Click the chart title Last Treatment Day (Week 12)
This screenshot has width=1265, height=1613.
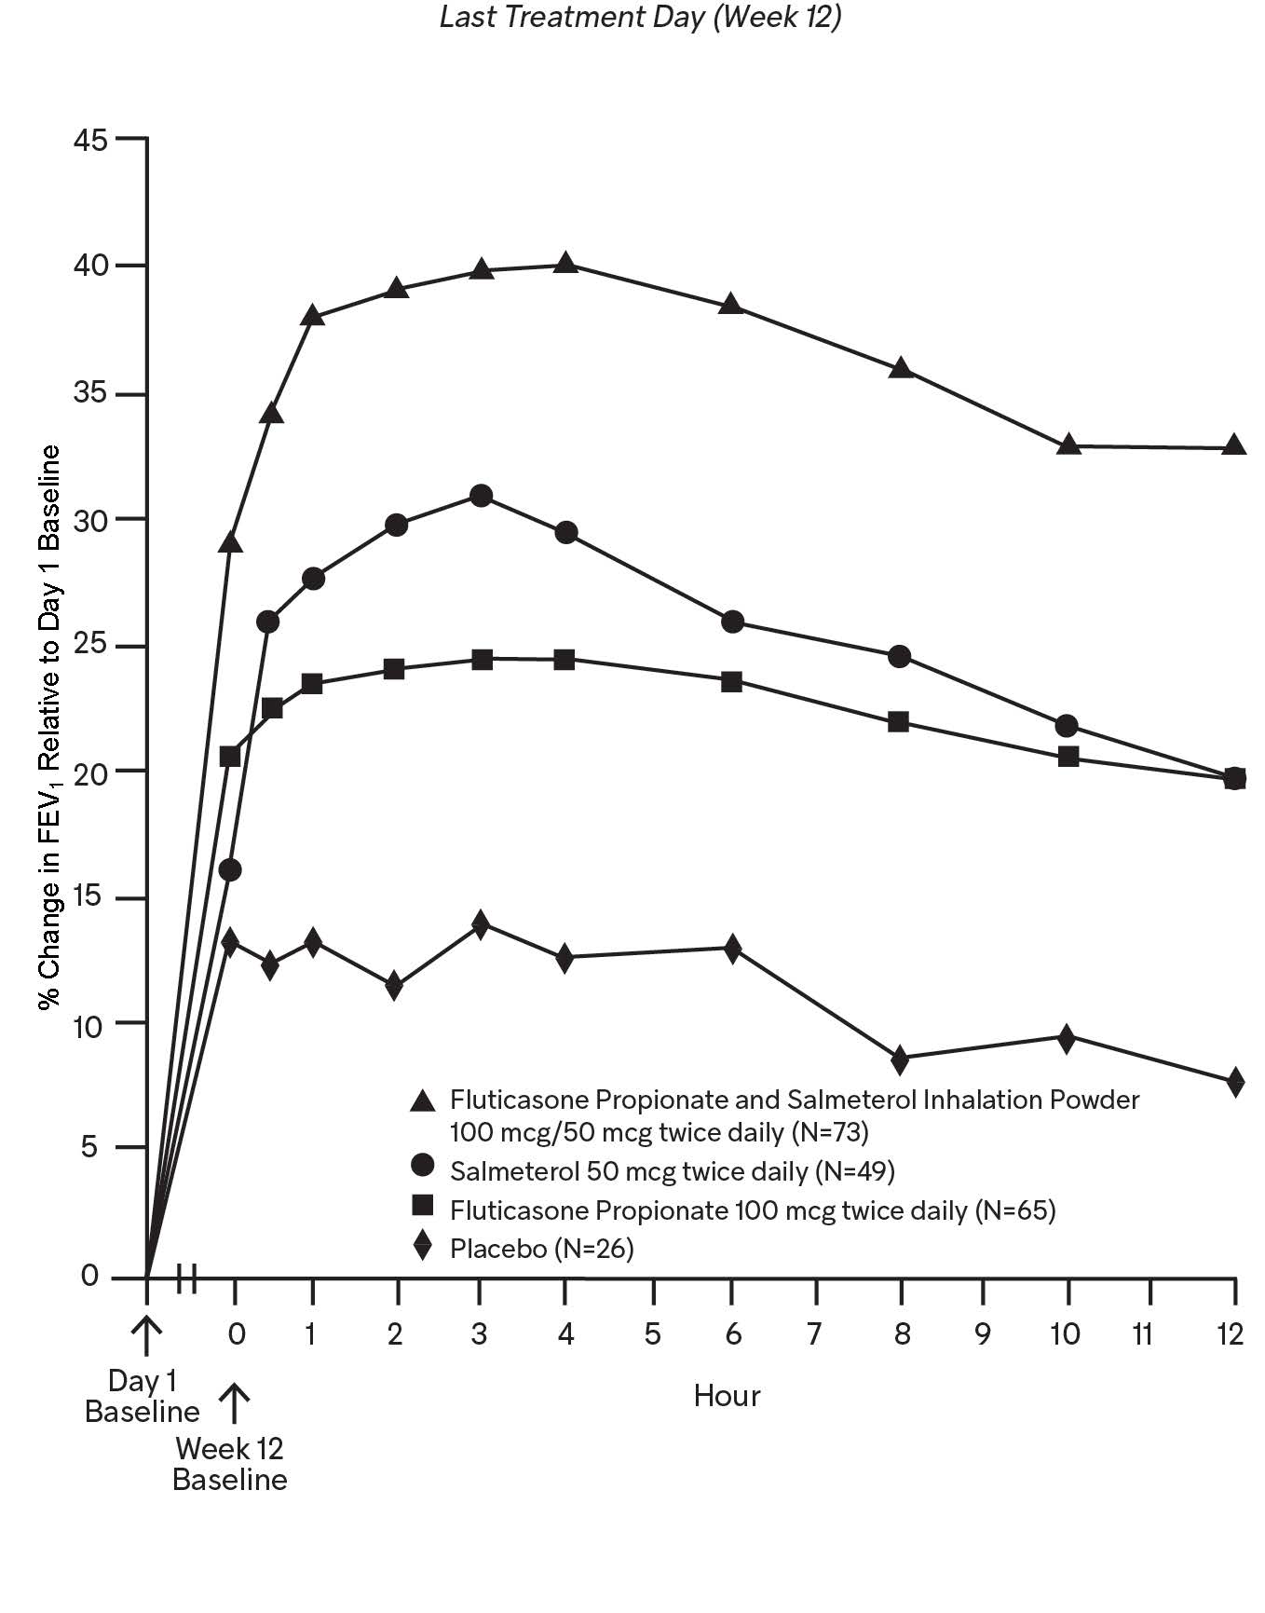(640, 18)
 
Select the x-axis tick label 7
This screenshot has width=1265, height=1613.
(814, 1334)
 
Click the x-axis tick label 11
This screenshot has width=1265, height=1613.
(1142, 1334)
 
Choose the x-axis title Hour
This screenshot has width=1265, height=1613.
(727, 1395)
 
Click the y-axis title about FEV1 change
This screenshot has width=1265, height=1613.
(48, 727)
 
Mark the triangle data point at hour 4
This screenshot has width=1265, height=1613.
(564, 264)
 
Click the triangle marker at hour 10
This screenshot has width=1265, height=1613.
(1068, 444)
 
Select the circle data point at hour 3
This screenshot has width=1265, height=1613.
(481, 496)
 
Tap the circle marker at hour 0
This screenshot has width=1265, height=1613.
(230, 870)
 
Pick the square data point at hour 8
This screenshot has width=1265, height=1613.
(899, 722)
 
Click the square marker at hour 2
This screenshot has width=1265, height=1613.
(394, 669)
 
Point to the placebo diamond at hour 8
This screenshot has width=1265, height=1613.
(900, 1059)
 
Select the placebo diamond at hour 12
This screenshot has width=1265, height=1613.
(1235, 1082)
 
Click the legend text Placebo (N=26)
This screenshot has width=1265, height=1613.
(541, 1248)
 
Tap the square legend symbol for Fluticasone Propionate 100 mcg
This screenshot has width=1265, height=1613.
(423, 1208)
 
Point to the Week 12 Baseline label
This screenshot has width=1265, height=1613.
(230, 1464)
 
